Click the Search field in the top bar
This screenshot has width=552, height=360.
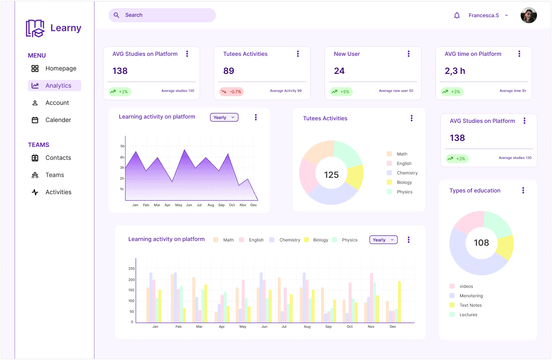point(162,15)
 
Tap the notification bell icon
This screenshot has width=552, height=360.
point(457,15)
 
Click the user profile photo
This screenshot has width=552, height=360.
point(528,15)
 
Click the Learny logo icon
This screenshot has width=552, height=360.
point(35,28)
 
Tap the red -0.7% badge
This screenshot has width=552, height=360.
point(231,92)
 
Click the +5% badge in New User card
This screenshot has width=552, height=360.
point(341,92)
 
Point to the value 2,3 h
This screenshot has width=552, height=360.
point(455,71)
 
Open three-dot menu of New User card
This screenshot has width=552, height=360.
point(408,54)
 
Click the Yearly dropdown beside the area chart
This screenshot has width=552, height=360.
point(224,117)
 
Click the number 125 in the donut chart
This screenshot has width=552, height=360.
point(331,175)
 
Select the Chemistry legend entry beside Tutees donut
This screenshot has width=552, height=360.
point(407,173)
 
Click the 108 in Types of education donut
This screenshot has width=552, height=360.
point(481,243)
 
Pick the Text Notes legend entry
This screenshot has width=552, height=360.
point(470,305)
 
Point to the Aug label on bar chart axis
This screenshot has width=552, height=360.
point(307,326)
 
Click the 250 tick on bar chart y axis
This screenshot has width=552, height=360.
point(131,268)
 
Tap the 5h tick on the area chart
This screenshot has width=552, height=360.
point(122,146)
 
